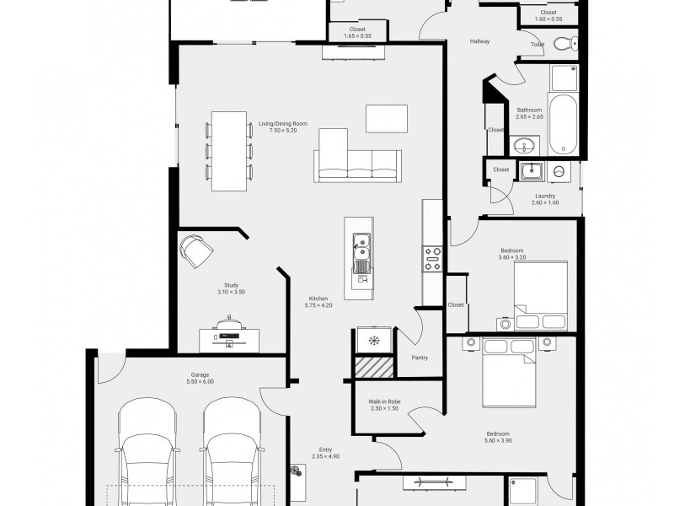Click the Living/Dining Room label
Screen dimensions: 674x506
(x=283, y=127)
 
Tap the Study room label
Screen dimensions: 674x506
(x=231, y=288)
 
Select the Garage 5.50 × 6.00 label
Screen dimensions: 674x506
(x=200, y=378)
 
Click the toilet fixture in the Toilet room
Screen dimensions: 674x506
(x=565, y=44)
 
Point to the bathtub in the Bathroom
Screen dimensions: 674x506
(x=563, y=124)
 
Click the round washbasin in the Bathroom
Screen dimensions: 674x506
(x=524, y=144)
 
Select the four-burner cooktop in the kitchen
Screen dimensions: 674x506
(x=432, y=259)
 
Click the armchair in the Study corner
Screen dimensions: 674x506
(x=197, y=250)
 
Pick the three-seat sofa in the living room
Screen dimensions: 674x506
(x=357, y=166)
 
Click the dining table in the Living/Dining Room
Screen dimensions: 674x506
(x=229, y=151)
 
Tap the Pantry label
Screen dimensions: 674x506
(x=420, y=358)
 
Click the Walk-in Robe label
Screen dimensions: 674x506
(x=384, y=405)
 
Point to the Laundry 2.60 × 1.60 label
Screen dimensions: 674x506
(x=545, y=199)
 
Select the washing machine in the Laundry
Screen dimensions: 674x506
(x=559, y=171)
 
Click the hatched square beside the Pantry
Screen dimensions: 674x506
(x=373, y=368)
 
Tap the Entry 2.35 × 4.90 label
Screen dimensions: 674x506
(x=325, y=453)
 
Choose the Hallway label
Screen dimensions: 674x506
(x=479, y=41)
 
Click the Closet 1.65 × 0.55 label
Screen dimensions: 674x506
(x=357, y=33)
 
